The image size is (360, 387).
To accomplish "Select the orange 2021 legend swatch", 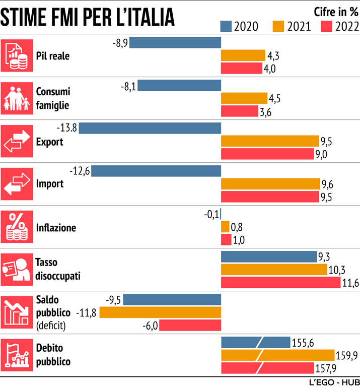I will [x=278, y=26].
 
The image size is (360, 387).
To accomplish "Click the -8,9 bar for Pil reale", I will [x=175, y=42].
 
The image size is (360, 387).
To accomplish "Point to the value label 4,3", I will [x=273, y=55].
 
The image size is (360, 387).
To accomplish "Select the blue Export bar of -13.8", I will [x=150, y=128].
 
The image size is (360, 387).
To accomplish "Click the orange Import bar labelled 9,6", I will [x=270, y=184].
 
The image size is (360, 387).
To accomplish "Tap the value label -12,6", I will [x=81, y=171].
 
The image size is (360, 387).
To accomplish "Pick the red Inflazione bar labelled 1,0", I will [x=226, y=240].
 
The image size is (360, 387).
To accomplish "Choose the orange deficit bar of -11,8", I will [x=160, y=312].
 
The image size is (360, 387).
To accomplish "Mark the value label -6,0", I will [x=151, y=326].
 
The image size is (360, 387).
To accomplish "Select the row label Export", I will [x=50, y=142].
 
